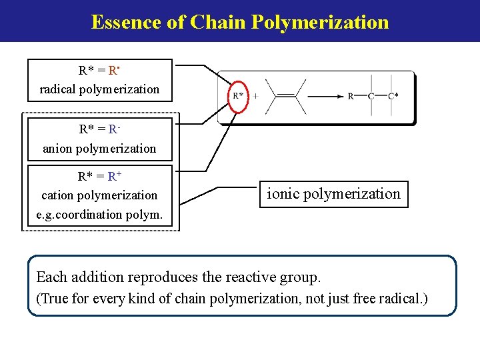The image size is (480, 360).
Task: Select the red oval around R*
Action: click(x=238, y=96)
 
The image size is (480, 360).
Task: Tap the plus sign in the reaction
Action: click(x=255, y=96)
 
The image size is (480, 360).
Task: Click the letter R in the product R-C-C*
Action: click(x=351, y=96)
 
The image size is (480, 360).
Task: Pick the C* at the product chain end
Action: click(x=393, y=96)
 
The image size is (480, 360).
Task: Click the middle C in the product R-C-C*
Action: click(x=371, y=96)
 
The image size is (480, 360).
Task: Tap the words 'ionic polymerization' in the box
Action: click(x=333, y=194)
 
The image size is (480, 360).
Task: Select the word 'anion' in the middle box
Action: click(x=57, y=149)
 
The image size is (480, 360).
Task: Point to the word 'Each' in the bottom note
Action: click(x=51, y=277)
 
